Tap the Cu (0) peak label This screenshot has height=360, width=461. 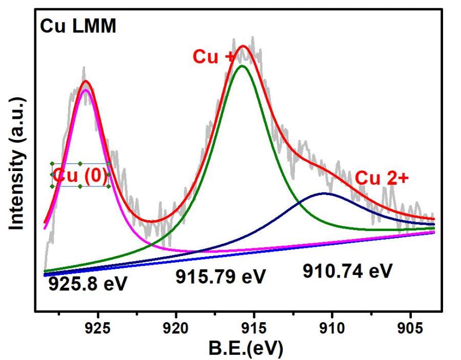point(80,175)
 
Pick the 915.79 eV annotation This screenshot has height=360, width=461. point(221,277)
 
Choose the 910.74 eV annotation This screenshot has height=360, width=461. point(347,271)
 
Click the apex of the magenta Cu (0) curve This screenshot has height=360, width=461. point(86,91)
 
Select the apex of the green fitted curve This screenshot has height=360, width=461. point(242,66)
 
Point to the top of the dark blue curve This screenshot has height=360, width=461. point(324,193)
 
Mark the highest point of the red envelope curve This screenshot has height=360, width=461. point(243,46)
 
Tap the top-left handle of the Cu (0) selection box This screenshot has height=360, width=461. point(52,164)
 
